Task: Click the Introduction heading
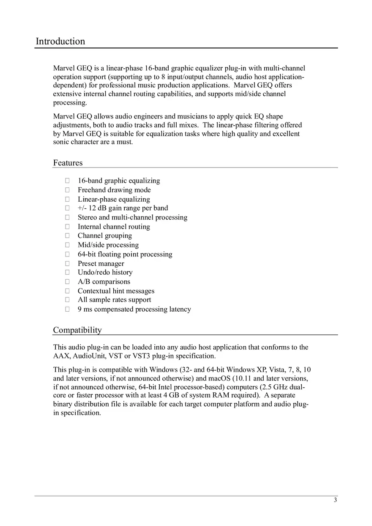click(60, 41)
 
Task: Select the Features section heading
click(68, 163)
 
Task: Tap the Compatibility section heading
click(77, 329)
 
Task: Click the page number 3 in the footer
click(335, 500)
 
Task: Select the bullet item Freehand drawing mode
click(114, 190)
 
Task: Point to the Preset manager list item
click(101, 264)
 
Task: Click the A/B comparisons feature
click(104, 282)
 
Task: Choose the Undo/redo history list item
click(105, 272)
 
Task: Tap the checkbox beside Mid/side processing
click(67, 245)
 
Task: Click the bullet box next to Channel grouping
click(67, 236)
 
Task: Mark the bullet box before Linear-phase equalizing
click(67, 199)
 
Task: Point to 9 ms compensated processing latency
click(134, 309)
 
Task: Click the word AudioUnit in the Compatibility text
click(86, 356)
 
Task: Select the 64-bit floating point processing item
click(125, 254)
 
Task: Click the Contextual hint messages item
click(116, 291)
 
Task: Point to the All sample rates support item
click(114, 300)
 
